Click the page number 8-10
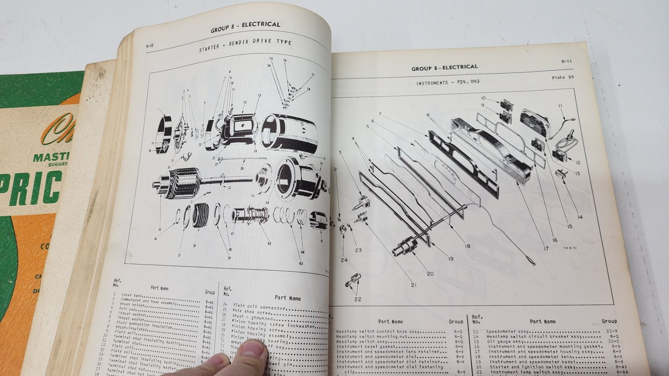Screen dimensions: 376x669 tap(150, 46)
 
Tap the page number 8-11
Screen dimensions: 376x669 tap(566, 62)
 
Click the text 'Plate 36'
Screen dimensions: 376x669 tap(563, 78)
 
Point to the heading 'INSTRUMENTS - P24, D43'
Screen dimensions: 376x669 tap(448, 82)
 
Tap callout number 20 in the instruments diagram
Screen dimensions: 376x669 tap(430, 274)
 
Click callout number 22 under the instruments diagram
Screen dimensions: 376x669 tap(358, 299)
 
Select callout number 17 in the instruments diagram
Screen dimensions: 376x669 tap(546, 248)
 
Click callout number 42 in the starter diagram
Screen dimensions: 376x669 tap(269, 243)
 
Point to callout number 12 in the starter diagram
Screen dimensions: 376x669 tap(245, 102)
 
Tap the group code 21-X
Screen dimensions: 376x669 tap(611, 331)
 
